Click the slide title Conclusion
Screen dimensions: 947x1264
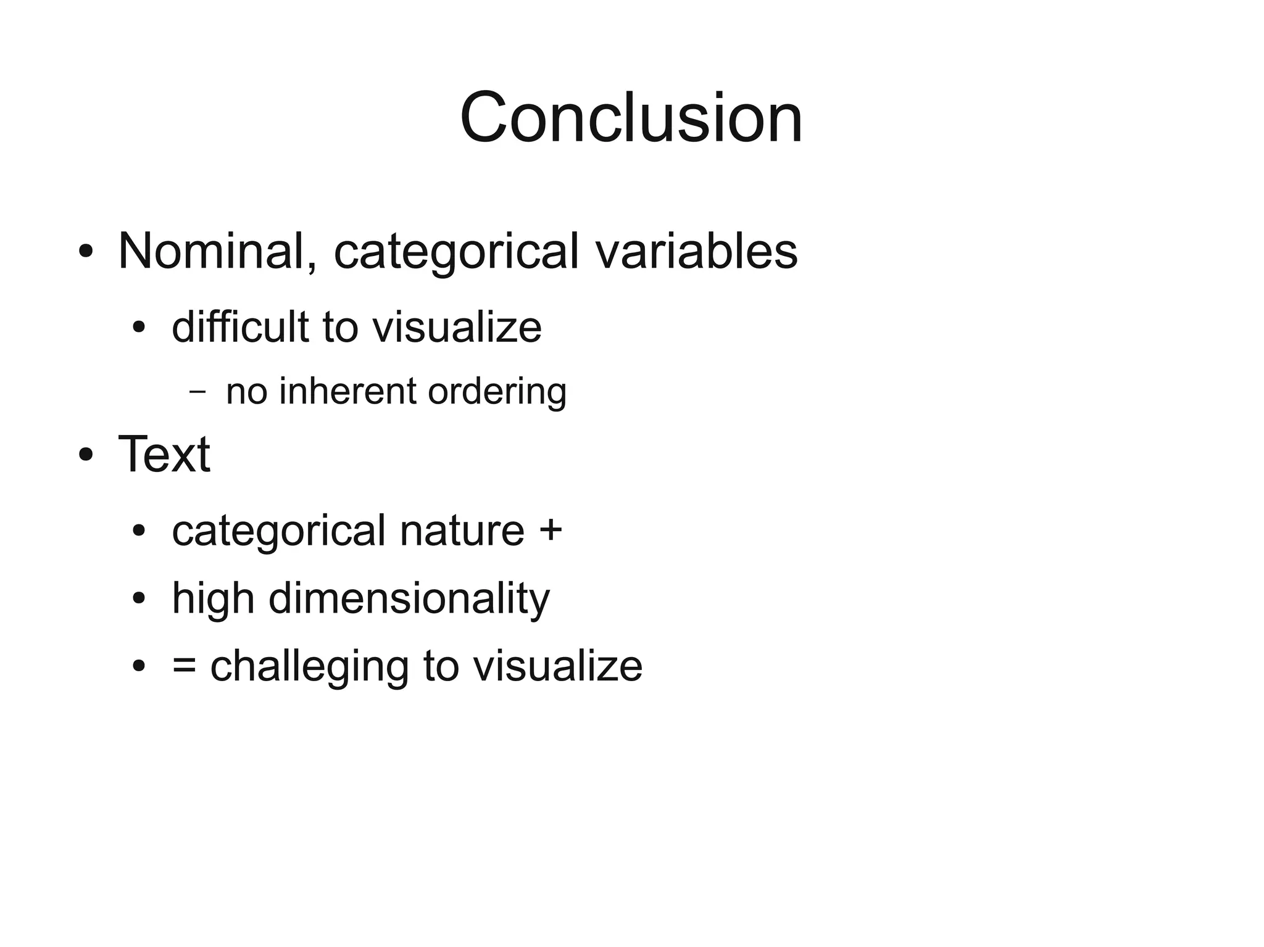pyautogui.click(x=631, y=117)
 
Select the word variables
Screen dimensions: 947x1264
pyautogui.click(x=696, y=251)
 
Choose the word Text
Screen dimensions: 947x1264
pyautogui.click(x=164, y=455)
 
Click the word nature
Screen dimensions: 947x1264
pyautogui.click(x=462, y=530)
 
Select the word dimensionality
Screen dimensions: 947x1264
pyautogui.click(x=409, y=598)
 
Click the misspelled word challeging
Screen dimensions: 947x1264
pyautogui.click(x=309, y=667)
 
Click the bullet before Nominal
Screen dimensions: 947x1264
pyautogui.click(x=86, y=252)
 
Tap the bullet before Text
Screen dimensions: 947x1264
pyautogui.click(x=86, y=455)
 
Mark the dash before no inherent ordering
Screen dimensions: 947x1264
pyautogui.click(x=197, y=391)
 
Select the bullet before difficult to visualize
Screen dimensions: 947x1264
pyautogui.click(x=139, y=327)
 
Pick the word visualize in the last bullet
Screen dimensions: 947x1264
pyautogui.click(x=557, y=666)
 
